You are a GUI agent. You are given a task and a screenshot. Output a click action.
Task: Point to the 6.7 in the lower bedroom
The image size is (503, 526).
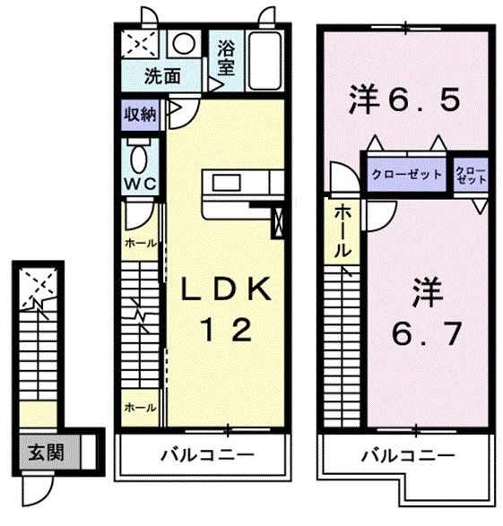click(426, 335)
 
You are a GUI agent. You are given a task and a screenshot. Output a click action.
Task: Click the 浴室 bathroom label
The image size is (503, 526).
click(226, 56)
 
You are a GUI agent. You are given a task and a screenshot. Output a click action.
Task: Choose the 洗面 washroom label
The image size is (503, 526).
click(161, 75)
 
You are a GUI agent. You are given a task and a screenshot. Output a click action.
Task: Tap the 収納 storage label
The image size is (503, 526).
click(142, 114)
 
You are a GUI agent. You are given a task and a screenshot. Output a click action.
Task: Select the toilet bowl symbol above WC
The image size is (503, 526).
click(141, 157)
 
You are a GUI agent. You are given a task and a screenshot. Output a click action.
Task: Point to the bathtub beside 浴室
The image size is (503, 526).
click(264, 58)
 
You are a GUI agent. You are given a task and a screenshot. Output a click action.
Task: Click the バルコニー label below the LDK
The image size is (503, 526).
click(207, 455)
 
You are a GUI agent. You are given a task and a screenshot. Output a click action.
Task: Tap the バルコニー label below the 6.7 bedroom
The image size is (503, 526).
click(407, 455)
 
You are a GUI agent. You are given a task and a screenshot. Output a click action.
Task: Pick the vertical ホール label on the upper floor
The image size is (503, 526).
click(343, 231)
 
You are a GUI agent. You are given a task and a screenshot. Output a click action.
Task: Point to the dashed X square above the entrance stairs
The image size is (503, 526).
click(37, 286)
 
